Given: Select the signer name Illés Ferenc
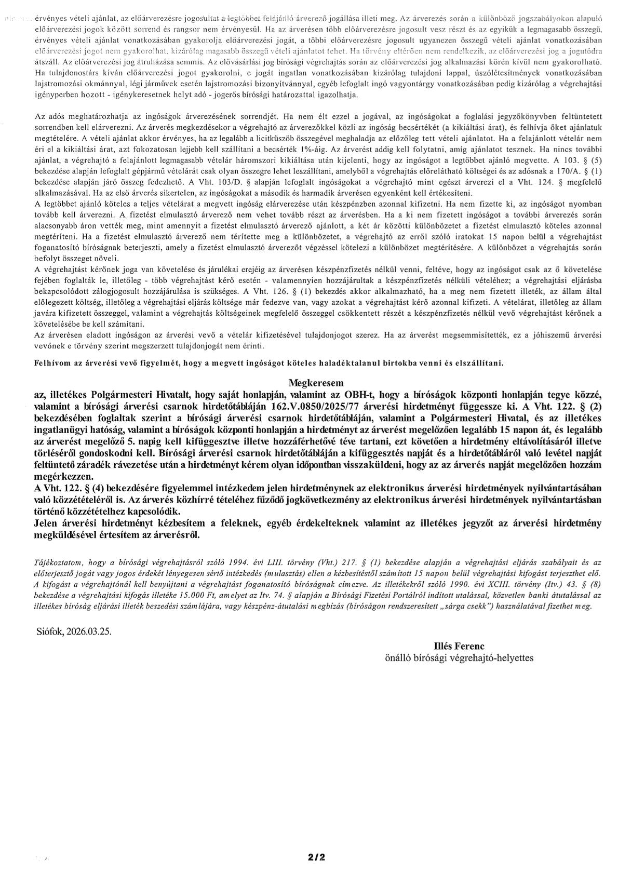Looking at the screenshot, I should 459,647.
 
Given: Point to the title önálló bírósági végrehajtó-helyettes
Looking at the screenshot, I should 459,657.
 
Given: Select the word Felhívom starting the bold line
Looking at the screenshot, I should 51,363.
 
